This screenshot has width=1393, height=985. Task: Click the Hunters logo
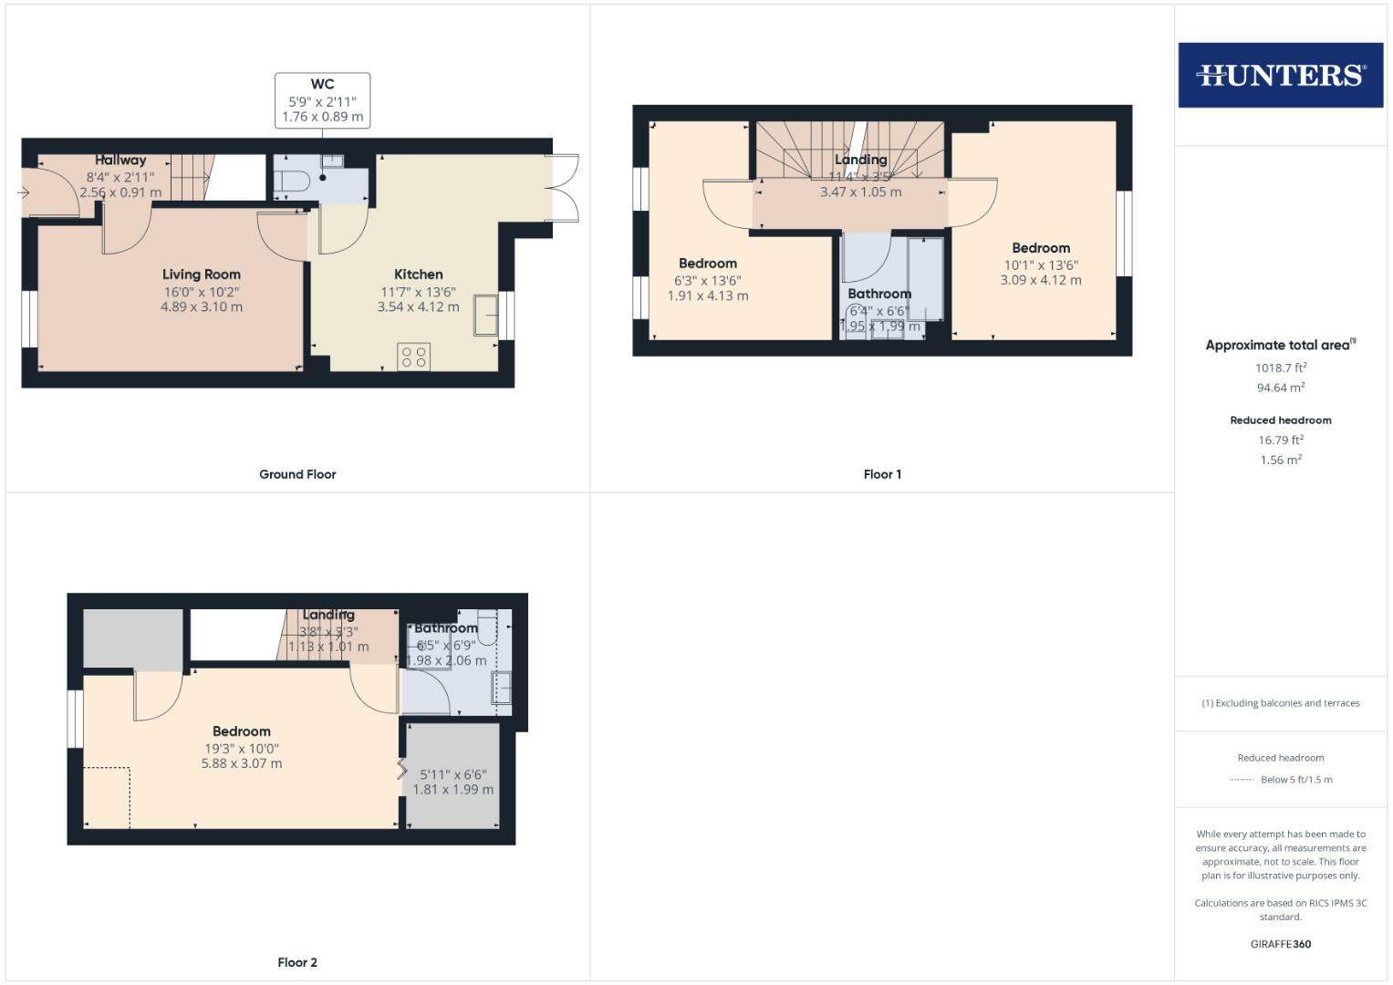pos(1280,75)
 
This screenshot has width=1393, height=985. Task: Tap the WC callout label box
pos(322,100)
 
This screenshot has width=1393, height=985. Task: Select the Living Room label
pos(202,275)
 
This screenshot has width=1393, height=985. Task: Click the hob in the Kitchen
pos(413,357)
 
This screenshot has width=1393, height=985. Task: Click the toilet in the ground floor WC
pos(292,181)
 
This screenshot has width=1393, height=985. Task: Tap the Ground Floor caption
pos(297,474)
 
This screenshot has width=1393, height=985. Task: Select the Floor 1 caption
pos(882,474)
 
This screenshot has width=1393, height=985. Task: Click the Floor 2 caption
pos(297,962)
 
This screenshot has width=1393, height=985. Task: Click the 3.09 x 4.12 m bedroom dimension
pos(1040,281)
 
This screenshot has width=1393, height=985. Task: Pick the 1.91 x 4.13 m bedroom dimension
pos(707,296)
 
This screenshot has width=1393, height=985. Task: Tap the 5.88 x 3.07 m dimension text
pos(242,763)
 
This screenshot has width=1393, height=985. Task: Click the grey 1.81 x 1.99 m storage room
pos(452,775)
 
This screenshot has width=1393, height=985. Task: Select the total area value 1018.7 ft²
pos(1280,368)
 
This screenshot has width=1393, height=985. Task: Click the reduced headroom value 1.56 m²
pos(1280,461)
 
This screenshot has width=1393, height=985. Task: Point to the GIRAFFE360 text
pos(1280,944)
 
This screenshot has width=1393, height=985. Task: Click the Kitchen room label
pos(418,275)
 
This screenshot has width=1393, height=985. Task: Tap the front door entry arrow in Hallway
pos(25,192)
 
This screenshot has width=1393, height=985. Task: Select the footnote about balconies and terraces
pos(1280,703)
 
